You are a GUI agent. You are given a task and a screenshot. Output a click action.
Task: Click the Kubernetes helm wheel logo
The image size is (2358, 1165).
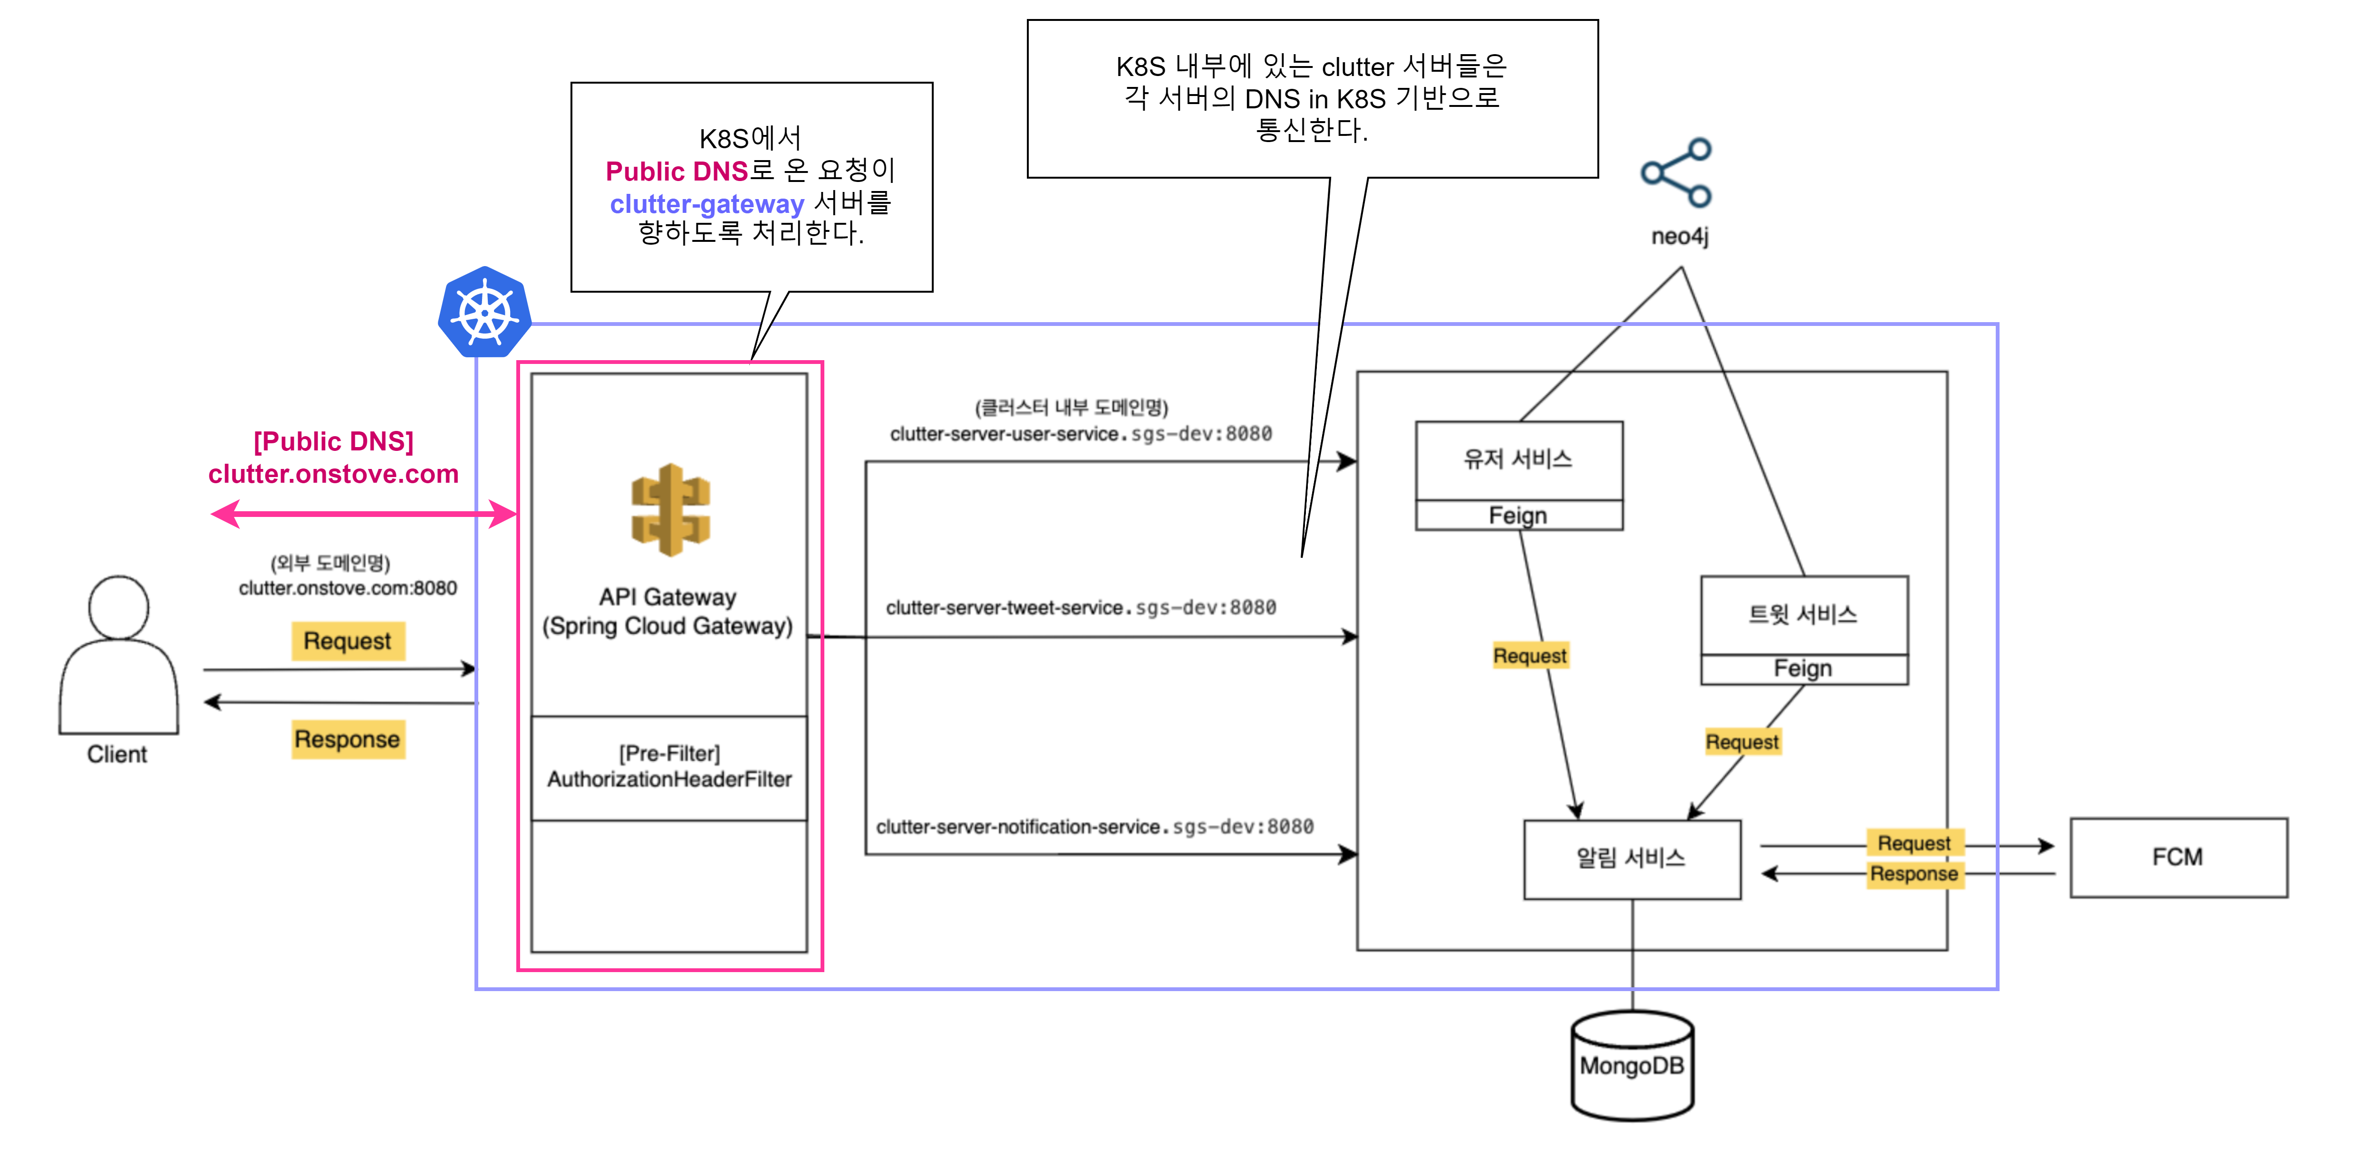coord(484,312)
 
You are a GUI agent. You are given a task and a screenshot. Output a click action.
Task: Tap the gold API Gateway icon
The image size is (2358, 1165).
coord(670,510)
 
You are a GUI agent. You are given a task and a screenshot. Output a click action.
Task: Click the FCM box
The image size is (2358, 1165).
coord(2178,858)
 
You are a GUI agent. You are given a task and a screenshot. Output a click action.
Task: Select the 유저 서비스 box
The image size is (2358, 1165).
coord(1518,459)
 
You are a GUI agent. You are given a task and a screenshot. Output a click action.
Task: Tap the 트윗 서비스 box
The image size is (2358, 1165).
coord(1803,614)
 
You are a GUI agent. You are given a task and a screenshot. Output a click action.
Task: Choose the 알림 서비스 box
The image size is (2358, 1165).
coord(1631,859)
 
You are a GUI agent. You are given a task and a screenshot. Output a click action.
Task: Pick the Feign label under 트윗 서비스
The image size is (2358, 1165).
coord(1803,669)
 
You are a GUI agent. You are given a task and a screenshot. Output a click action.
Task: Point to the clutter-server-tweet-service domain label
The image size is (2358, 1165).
coord(1080,608)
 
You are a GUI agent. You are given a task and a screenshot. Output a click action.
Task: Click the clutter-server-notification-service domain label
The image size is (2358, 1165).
coord(1094,826)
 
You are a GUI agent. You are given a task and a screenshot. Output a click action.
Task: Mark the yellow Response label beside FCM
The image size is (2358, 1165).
coord(1913,874)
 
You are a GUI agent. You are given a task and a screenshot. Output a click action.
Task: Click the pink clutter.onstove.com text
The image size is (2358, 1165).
coord(333,474)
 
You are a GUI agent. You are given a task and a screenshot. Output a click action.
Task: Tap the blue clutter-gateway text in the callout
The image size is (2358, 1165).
coord(706,203)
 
